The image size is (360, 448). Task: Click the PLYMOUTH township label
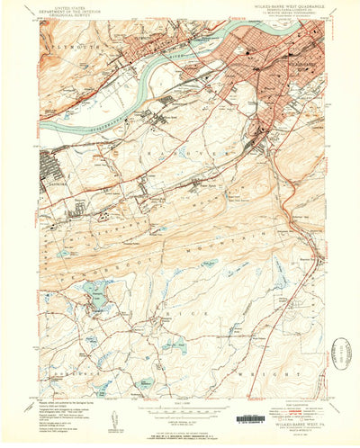[x=72, y=43]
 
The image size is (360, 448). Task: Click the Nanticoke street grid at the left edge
[x=49, y=166]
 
